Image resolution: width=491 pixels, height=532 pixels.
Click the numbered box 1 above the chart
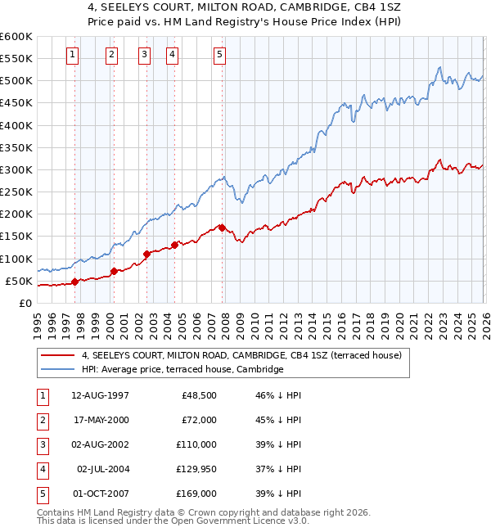click(73, 55)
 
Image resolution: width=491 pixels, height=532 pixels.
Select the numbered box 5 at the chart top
click(220, 55)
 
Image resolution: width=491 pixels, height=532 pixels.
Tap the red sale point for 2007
click(223, 228)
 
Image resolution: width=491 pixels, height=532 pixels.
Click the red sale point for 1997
click(74, 282)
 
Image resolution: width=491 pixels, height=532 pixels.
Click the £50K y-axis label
click(20, 281)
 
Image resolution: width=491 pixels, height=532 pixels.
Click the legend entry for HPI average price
click(182, 370)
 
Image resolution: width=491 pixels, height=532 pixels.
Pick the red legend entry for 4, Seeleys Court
click(241, 356)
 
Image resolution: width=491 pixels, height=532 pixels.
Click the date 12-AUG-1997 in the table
click(100, 394)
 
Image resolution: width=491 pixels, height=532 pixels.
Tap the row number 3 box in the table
click(42, 444)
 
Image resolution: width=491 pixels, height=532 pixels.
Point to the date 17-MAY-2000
click(100, 420)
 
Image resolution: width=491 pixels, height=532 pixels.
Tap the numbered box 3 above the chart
click(144, 55)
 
